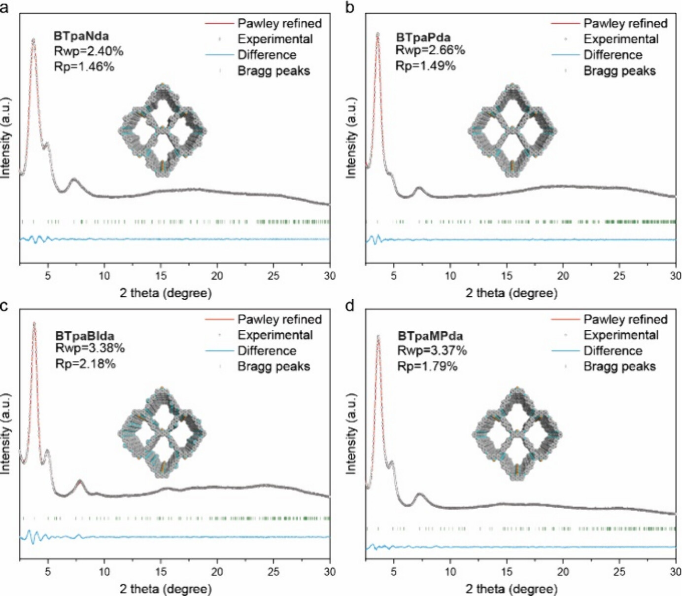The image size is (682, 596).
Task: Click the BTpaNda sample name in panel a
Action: pyautogui.click(x=81, y=36)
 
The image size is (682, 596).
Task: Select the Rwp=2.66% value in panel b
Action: pyautogui.click(x=430, y=50)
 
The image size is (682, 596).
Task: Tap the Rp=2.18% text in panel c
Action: pyautogui.click(x=85, y=364)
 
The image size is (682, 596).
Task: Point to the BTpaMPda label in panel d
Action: pyautogui.click(x=430, y=336)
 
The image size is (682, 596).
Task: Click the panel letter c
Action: pyautogui.click(x=4, y=306)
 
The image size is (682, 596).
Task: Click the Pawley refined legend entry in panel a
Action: pyautogui.click(x=279, y=23)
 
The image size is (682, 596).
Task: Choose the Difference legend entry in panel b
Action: pyautogui.click(x=613, y=55)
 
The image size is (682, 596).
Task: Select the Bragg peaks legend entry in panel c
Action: pyautogui.click(x=273, y=366)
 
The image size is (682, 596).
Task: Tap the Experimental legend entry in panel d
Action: pyautogui.click(x=621, y=335)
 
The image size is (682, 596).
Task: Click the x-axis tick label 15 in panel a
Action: pyautogui.click(x=161, y=276)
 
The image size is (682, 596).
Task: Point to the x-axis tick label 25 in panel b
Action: pyautogui.click(x=619, y=276)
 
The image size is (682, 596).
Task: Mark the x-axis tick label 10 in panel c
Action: pyautogui.click(x=104, y=572)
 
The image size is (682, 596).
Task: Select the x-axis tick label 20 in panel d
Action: pyautogui.click(x=563, y=572)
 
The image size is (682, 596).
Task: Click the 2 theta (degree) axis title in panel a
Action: pyautogui.click(x=166, y=293)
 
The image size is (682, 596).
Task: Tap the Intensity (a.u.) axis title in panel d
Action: pyautogui.click(x=351, y=434)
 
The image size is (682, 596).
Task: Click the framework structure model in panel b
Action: pyautogui.click(x=512, y=131)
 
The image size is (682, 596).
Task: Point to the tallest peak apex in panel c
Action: pyautogui.click(x=34, y=323)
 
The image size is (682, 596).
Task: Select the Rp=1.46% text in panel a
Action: pyautogui.click(x=84, y=67)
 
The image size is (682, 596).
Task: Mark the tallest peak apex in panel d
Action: pyautogui.click(x=378, y=337)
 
